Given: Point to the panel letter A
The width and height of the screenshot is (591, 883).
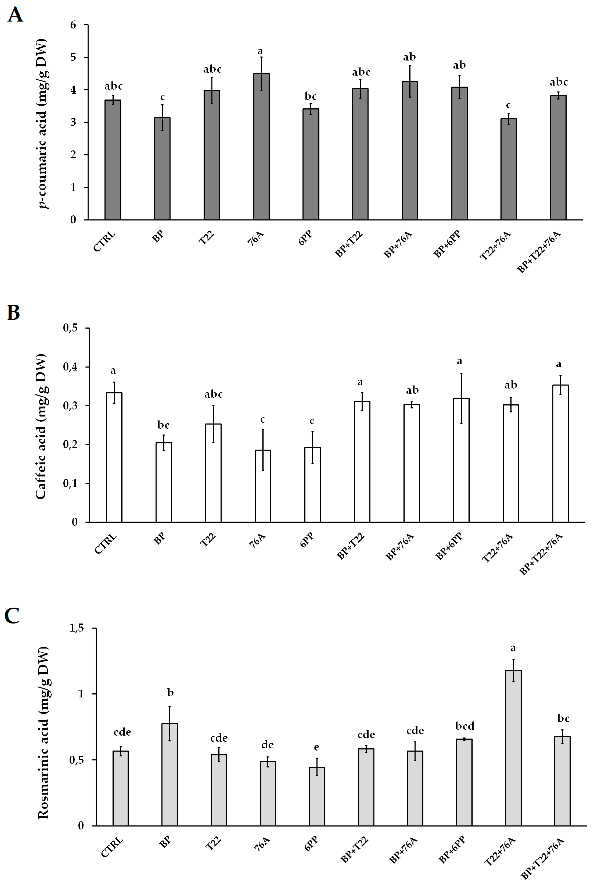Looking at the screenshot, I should (15, 15).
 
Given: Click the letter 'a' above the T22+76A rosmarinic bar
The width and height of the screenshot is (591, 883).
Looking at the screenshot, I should (513, 648).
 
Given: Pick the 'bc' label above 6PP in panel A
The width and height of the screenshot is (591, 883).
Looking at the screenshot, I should (311, 97).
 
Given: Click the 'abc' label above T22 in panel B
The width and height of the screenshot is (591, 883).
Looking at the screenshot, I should (213, 395).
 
